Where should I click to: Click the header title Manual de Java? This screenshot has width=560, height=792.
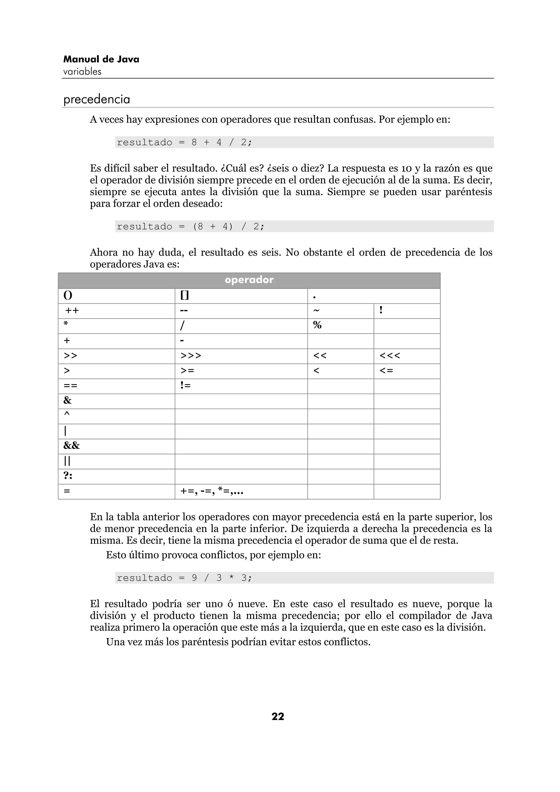101,59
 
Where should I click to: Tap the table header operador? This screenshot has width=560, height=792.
249,280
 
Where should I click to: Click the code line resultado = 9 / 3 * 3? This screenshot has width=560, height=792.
184,578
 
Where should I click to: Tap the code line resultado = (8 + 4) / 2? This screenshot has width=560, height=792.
191,226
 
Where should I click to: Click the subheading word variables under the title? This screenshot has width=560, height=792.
83,72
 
